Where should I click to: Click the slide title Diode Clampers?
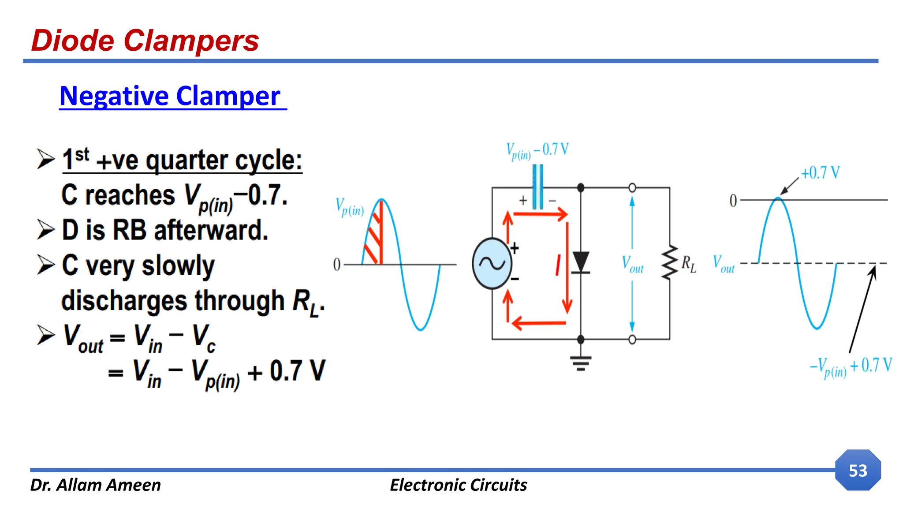point(145,41)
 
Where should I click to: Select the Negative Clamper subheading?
point(170,96)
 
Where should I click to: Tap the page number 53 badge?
point(858,471)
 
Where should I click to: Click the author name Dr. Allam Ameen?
point(95,485)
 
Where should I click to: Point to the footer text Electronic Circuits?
point(458,485)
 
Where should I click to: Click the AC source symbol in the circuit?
point(492,264)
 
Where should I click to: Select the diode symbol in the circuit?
point(581,263)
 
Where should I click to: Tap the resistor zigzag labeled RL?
point(670,263)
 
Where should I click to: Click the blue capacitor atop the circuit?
point(537,187)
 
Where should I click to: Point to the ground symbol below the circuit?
point(581,362)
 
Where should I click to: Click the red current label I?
point(558,265)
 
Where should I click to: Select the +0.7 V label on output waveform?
point(820,173)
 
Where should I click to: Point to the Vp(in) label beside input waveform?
point(350,207)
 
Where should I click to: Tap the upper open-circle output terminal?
point(632,188)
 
